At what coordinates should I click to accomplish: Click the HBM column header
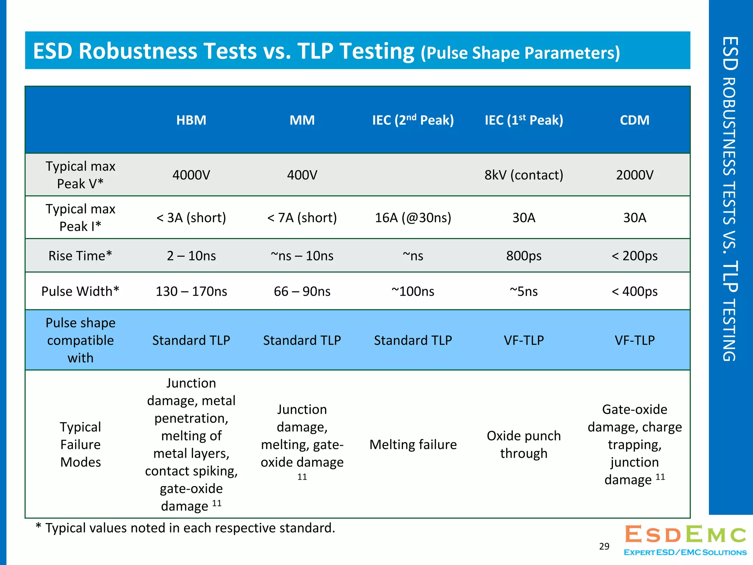coord(191,120)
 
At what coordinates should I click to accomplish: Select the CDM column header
coord(635,120)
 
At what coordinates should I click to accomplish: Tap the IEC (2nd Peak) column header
coord(413,120)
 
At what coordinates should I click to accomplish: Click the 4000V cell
coord(191,175)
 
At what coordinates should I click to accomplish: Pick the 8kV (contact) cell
coord(524,175)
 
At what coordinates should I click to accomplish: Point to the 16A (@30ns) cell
coord(413,217)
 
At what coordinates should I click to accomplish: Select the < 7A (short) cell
coord(302,217)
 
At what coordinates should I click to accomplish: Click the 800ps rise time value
coord(524,256)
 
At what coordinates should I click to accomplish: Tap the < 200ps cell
coord(635,256)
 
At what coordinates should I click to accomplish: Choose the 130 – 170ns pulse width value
coord(191,291)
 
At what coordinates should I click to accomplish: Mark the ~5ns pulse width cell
coord(524,291)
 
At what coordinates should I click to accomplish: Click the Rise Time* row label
coord(80,256)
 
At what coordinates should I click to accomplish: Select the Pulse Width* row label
coord(80,291)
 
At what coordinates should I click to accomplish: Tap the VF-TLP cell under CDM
coord(635,340)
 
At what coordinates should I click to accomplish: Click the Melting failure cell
coord(413,444)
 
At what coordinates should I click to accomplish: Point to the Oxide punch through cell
coord(524,444)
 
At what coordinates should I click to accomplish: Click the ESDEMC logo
coord(685,539)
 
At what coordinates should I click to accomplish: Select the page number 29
coord(604,546)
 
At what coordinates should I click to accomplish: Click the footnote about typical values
coord(185,528)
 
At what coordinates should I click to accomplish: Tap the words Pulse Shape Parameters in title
coord(520,53)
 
